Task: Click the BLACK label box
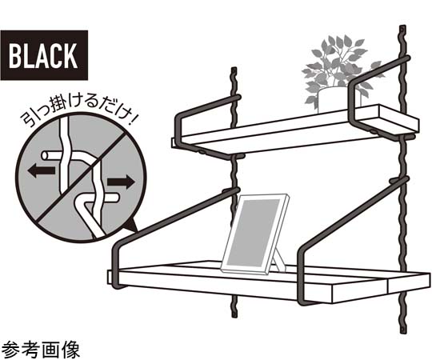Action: click(x=44, y=55)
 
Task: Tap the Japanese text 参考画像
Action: click(x=41, y=350)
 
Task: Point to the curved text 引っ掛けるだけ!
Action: click(x=78, y=112)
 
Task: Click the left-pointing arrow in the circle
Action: click(x=42, y=170)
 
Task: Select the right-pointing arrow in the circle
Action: click(x=121, y=182)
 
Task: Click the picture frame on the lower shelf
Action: click(x=255, y=234)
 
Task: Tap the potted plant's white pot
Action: click(x=332, y=100)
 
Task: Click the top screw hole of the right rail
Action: click(x=402, y=29)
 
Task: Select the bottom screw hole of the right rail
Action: click(x=402, y=328)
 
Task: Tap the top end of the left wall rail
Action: click(x=234, y=68)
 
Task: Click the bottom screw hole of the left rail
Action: click(x=234, y=314)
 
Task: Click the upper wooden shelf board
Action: click(x=294, y=130)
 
